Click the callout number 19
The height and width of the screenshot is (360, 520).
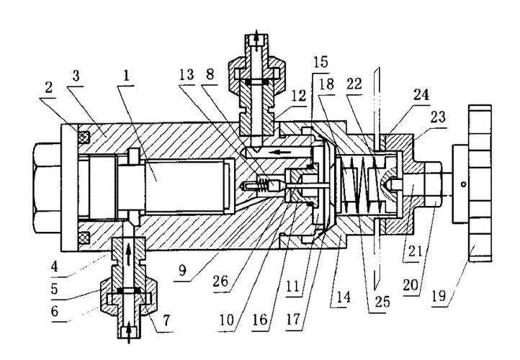coord(439,296)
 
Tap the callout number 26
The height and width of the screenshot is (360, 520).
coord(220,282)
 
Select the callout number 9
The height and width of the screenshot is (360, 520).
coord(183,270)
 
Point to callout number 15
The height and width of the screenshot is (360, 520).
coord(320,62)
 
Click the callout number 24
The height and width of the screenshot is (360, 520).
coord(421,95)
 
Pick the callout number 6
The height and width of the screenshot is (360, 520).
coord(55,311)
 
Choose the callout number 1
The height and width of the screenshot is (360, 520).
coord(126,76)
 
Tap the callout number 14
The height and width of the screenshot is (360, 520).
coord(344,297)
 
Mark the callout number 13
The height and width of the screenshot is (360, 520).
coord(187,75)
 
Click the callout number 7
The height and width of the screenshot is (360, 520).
coord(166,320)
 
